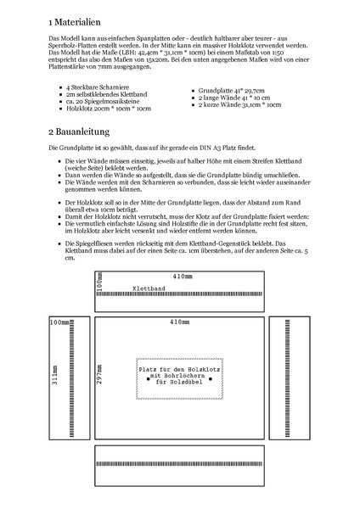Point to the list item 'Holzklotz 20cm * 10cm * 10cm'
pyautogui.click(x=108, y=109)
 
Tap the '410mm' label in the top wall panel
pyautogui.click(x=183, y=277)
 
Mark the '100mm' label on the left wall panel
pyautogui.click(x=59, y=323)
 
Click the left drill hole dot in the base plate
pyautogui.click(x=149, y=380)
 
